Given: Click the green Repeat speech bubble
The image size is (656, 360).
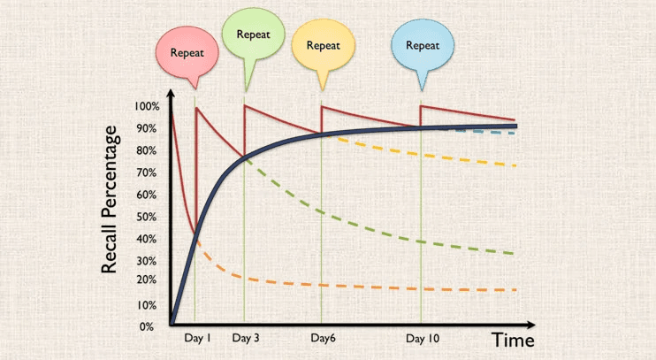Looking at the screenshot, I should [252, 35].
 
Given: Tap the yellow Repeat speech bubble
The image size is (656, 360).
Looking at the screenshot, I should [323, 44].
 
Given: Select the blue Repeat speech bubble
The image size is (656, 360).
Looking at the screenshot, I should [423, 44].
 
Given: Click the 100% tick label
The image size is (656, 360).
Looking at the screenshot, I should [147, 107].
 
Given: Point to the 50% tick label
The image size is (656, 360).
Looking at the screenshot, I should [147, 217].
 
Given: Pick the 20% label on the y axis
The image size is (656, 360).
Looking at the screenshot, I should [147, 280].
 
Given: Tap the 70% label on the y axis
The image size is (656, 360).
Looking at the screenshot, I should [147, 172].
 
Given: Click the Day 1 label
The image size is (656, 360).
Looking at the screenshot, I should [197, 338].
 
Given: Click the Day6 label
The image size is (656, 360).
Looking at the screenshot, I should [322, 338].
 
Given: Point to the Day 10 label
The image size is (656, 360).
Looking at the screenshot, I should [423, 338].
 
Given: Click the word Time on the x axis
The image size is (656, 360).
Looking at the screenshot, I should [514, 339].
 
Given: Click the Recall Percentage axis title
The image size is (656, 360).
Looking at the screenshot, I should [110, 199].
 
